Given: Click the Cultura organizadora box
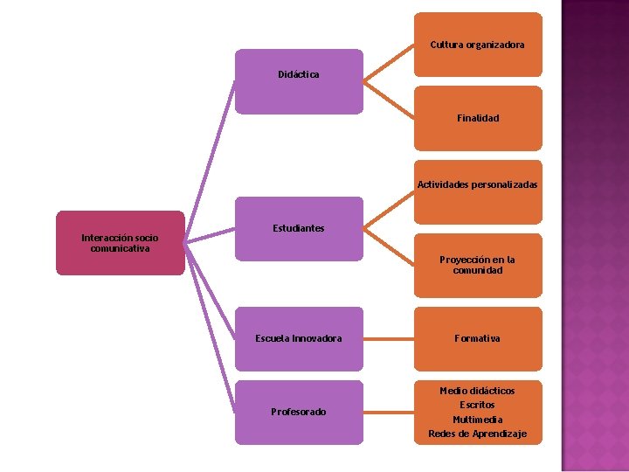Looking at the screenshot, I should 477,45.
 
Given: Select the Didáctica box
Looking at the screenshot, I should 299,81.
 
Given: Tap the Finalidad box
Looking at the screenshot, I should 477,118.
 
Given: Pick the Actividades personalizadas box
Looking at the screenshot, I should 477,185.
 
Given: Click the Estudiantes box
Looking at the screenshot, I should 299,229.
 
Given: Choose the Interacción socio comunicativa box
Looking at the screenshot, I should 121,243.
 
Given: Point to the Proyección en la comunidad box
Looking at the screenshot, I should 477,265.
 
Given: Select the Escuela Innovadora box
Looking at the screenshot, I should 299,338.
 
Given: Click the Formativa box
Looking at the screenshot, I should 477,338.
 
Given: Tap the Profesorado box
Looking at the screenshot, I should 299,412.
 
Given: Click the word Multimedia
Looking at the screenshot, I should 477,420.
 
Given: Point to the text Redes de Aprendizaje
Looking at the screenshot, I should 477,434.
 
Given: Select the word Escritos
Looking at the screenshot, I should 477,405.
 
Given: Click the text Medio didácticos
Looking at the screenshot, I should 477,391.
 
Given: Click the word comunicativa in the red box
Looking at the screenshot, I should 121,249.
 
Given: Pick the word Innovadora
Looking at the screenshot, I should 317,338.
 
